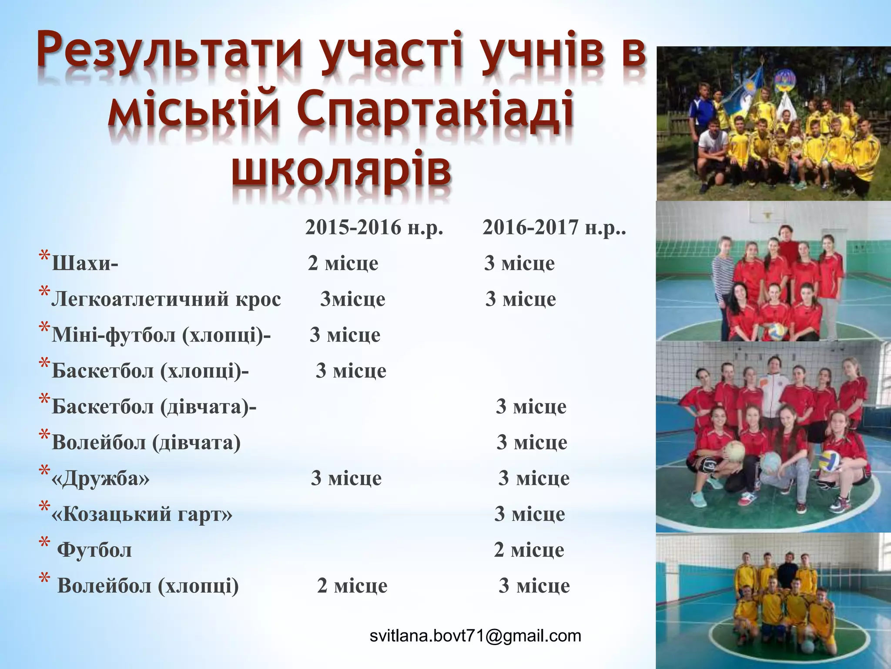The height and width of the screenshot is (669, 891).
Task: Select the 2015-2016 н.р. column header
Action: pyautogui.click(x=374, y=227)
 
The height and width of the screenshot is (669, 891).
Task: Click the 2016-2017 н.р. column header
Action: pyautogui.click(x=554, y=227)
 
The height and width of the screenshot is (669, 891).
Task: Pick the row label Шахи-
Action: pyautogui.click(x=85, y=264)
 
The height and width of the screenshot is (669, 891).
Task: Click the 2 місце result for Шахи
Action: pyautogui.click(x=343, y=263)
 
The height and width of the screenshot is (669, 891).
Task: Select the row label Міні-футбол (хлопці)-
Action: pyautogui.click(x=161, y=335)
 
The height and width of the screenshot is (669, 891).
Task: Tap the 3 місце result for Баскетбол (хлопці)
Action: pyautogui.click(x=351, y=371)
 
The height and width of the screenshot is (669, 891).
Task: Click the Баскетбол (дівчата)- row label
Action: pyautogui.click(x=154, y=406)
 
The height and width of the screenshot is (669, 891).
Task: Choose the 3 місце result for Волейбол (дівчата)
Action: pyautogui.click(x=532, y=443)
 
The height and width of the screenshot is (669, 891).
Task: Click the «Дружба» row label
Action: pyautogui.click(x=100, y=478)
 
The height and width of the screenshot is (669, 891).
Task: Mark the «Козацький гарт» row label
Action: pyautogui.click(x=142, y=514)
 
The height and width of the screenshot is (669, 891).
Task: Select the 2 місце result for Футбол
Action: pyautogui.click(x=529, y=550)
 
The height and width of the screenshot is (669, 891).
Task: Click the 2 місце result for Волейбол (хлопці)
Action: pyautogui.click(x=352, y=586)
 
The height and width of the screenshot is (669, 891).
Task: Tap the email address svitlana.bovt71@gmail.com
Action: pyautogui.click(x=475, y=636)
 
